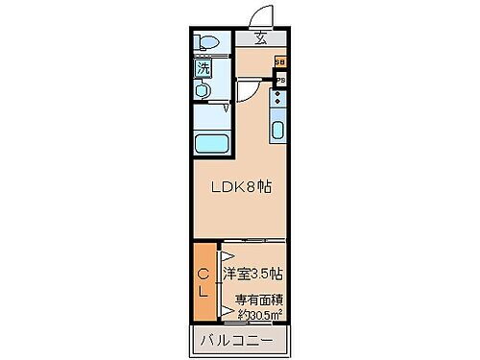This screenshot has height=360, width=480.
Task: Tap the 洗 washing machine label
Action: coord(203,69)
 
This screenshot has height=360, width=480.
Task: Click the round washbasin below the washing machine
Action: coord(204,89)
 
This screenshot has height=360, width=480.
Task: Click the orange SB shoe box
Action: coord(280,62)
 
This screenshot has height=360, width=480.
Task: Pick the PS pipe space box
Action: coord(280,81)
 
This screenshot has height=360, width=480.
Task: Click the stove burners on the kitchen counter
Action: coord(278,100)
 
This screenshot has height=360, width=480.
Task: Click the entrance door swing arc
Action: coord(256,17)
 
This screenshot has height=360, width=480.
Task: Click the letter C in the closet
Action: coord(204,273)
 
